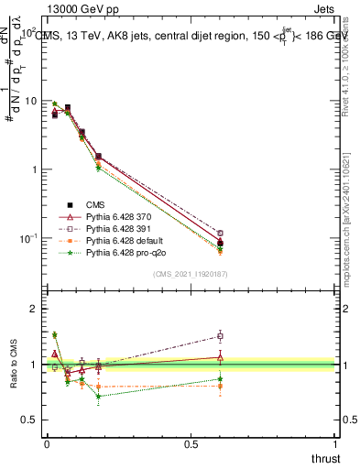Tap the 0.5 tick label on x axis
[x=191, y=442]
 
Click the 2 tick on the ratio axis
[x=34, y=309]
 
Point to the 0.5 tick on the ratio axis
[x=29, y=420]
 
